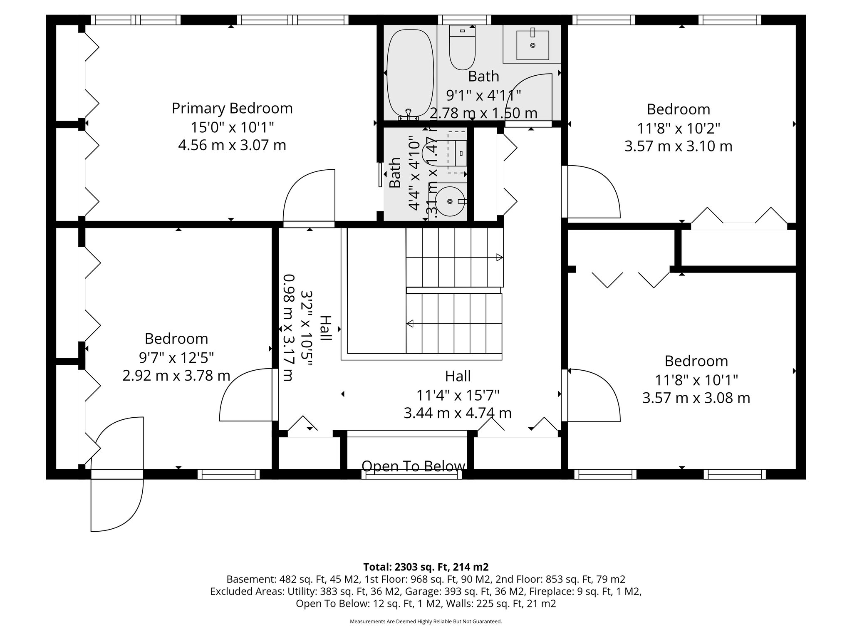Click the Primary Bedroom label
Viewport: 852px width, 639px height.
pyautogui.click(x=232, y=109)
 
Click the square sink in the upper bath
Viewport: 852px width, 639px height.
pyautogui.click(x=532, y=45)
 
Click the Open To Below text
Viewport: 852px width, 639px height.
pyautogui.click(x=413, y=466)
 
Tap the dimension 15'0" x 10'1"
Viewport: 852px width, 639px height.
pyautogui.click(x=232, y=127)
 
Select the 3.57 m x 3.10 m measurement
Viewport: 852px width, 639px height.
pyautogui.click(x=678, y=146)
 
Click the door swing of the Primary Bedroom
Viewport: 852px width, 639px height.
pyautogui.click(x=310, y=198)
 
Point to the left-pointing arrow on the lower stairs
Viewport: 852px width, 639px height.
pyautogui.click(x=410, y=323)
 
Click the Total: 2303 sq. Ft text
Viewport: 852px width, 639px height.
pyautogui.click(x=426, y=567)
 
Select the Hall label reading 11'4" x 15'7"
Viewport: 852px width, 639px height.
pyautogui.click(x=458, y=394)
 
